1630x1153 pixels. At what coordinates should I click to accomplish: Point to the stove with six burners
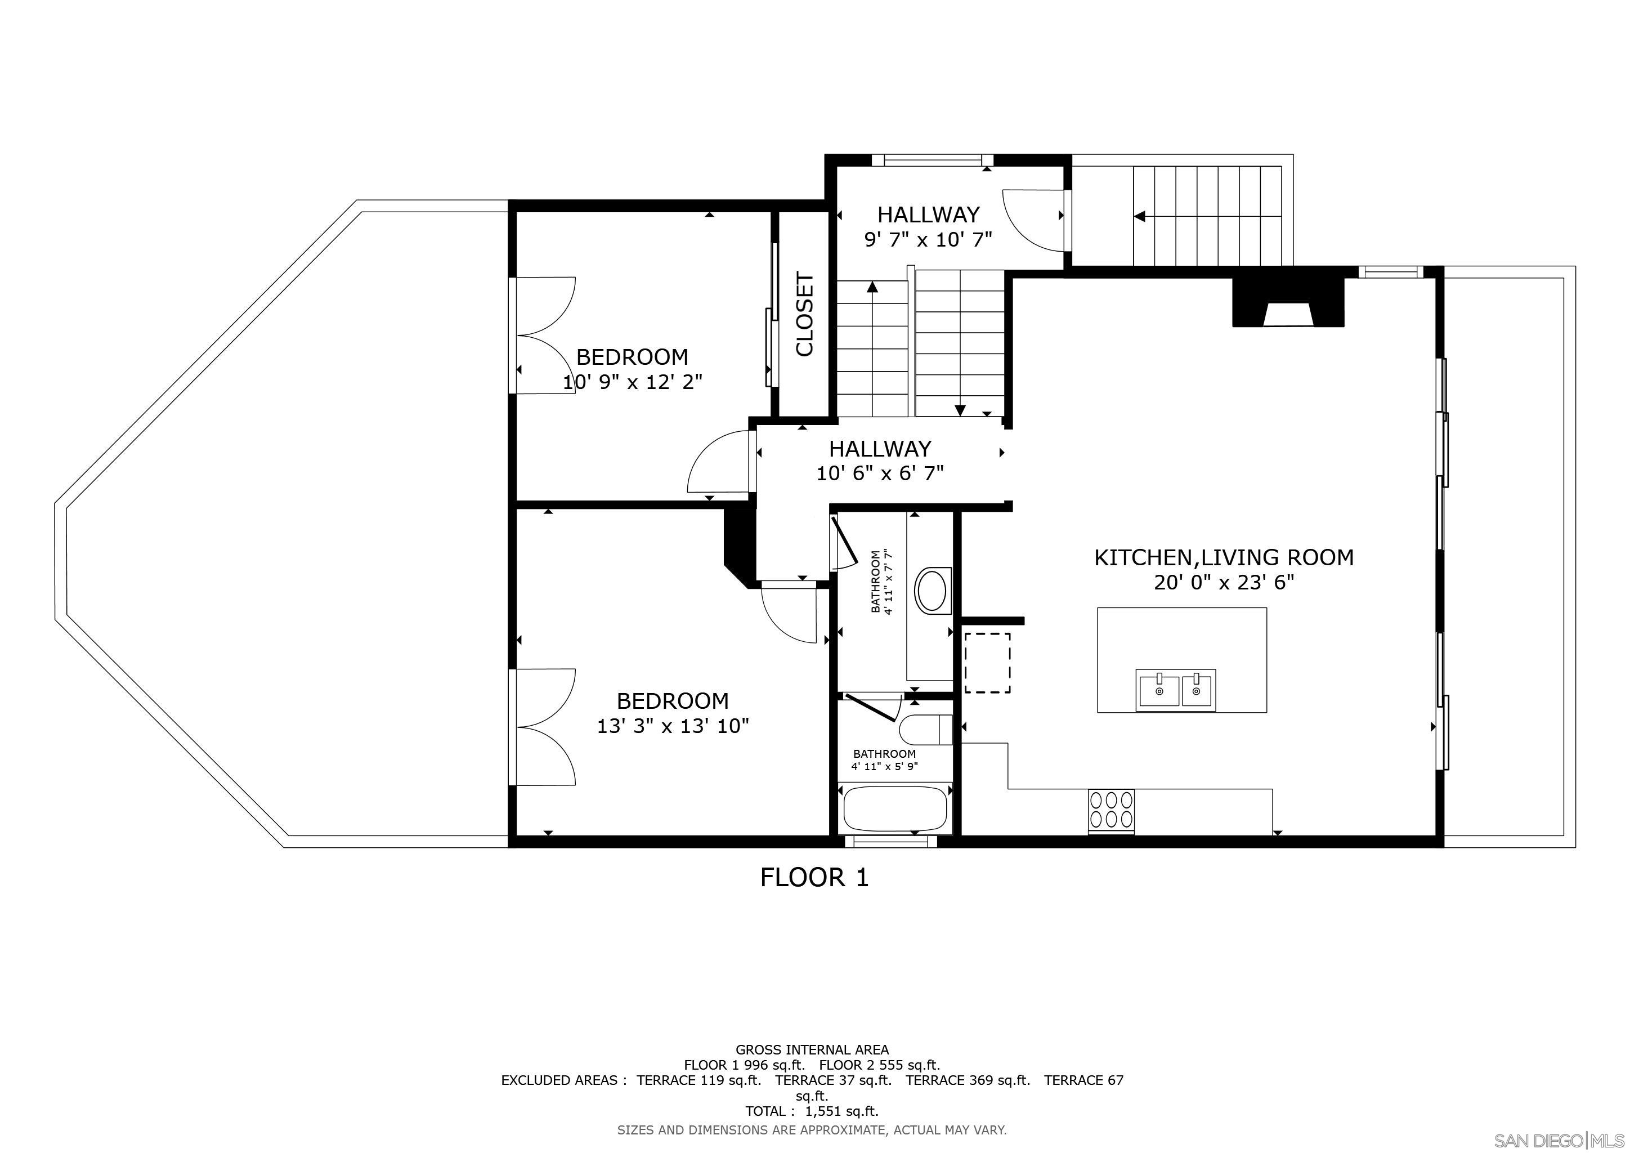(1110, 810)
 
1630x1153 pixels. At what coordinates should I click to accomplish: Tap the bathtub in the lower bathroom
(894, 810)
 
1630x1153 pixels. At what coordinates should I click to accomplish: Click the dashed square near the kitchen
(987, 663)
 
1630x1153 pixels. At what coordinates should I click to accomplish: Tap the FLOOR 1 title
(814, 878)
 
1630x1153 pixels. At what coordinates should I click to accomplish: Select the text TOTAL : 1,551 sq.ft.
(812, 1111)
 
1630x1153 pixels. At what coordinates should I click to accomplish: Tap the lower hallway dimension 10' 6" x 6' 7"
(880, 473)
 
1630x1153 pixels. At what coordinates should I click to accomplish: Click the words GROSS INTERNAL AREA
(812, 1049)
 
